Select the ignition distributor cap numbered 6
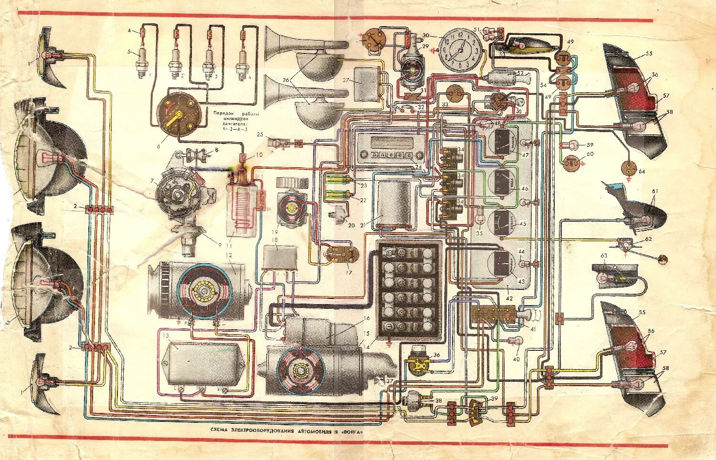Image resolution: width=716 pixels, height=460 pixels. [x=177, y=114]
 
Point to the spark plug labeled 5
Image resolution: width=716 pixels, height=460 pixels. [x=141, y=64]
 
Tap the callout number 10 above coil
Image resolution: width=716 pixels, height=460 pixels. [x=259, y=154]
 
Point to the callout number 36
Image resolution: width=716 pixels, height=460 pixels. [x=437, y=355]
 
